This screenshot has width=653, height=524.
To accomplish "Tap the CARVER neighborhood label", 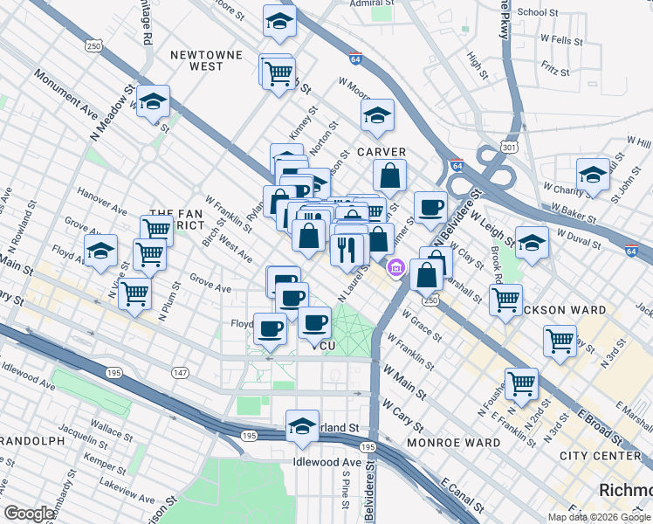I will coord(381,151).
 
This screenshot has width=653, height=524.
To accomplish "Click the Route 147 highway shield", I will coord(180,373).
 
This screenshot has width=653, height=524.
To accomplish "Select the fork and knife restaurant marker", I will coord(347,250).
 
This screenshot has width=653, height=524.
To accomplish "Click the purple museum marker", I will coord(396,267).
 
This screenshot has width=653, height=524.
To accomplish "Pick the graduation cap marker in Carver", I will coord(377,115).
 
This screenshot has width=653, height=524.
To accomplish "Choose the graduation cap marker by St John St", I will coord(593,174).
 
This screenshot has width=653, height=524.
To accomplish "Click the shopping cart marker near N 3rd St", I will coord(559,341).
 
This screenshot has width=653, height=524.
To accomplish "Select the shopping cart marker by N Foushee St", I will coord(521,383).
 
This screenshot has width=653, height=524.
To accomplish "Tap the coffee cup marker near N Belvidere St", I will coord(430,208).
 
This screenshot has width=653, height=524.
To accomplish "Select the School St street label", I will coord(538,12).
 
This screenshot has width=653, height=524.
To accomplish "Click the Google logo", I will coord(29,514).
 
